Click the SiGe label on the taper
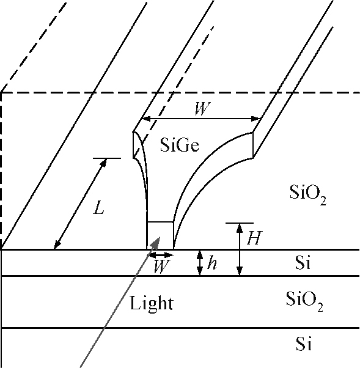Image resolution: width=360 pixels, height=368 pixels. coord(180,145)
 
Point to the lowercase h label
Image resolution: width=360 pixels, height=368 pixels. coord(211,263)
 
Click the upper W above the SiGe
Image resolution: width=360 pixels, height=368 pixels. coord(202,108)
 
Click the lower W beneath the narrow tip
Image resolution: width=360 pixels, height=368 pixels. coord(161,267)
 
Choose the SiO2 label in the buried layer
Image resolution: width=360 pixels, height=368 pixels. coord(304,301)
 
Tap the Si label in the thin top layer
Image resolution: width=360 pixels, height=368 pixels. coord(303,262)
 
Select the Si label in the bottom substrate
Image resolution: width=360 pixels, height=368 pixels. coord(304,344)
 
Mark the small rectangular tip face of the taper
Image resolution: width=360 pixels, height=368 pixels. coord(160,235)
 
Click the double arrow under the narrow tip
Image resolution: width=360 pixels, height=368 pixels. coord(161,255)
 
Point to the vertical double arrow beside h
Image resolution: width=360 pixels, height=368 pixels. coord(200,263)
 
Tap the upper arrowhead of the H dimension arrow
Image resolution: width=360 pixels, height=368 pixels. coord(240,228)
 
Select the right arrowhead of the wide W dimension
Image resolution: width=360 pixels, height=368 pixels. coord(255,119)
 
